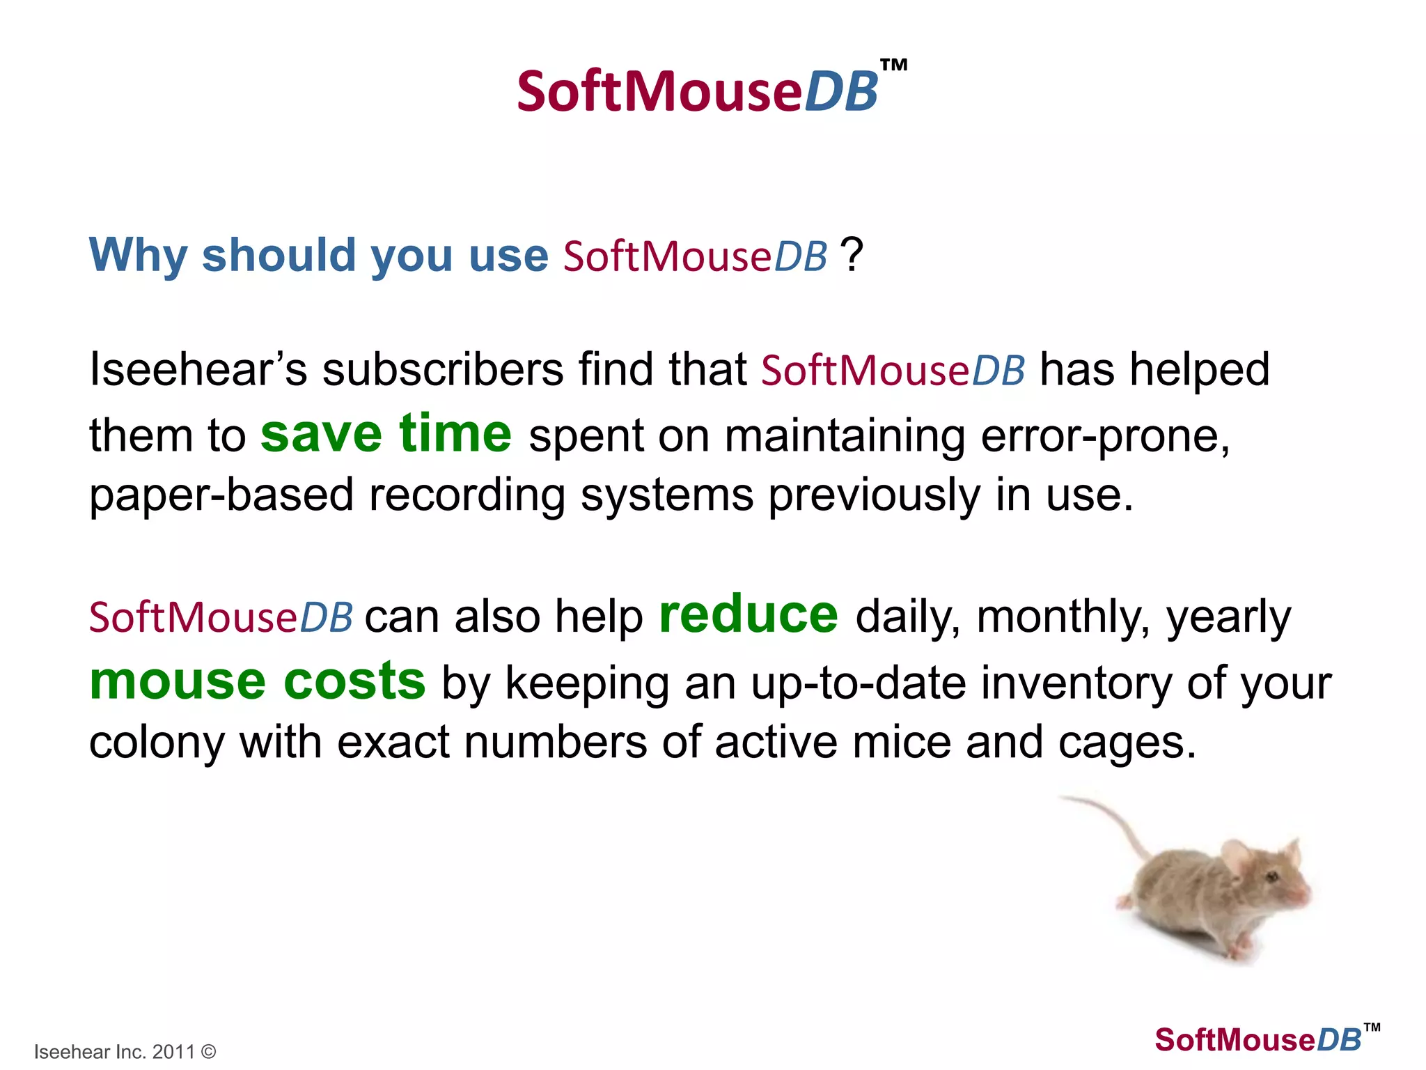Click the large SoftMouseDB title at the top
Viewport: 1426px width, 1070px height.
pos(696,92)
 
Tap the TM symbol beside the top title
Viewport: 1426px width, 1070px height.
pos(893,66)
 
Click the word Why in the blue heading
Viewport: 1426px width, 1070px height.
pos(138,255)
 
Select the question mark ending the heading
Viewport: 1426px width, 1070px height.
pos(852,255)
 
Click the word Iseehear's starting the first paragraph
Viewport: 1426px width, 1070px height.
pos(198,369)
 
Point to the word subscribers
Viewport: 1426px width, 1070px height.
pos(442,369)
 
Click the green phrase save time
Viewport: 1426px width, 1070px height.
pos(386,433)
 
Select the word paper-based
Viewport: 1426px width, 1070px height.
pos(221,496)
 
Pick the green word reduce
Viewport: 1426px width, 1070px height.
pos(748,614)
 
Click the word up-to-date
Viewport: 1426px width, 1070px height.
pos(858,684)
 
